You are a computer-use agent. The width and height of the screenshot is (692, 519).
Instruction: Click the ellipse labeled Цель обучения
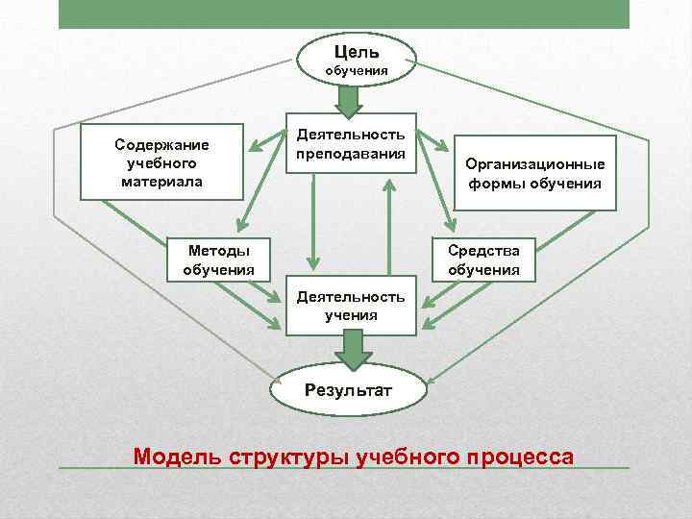tap(357, 59)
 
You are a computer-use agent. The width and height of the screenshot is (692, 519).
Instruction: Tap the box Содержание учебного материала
tap(161, 162)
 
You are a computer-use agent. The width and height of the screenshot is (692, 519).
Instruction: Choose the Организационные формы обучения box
tap(535, 174)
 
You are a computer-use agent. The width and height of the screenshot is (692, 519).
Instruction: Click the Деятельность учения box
tap(351, 307)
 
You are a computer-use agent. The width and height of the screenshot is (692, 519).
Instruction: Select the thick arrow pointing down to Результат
tap(354, 348)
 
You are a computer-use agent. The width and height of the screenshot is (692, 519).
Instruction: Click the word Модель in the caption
tap(178, 455)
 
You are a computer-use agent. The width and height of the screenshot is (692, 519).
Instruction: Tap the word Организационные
tap(535, 164)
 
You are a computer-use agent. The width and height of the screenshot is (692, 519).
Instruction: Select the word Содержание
tap(161, 145)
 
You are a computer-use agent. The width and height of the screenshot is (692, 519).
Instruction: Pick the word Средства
tap(483, 251)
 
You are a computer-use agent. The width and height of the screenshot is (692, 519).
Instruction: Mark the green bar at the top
tap(343, 13)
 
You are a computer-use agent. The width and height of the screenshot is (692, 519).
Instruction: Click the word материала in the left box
tap(161, 181)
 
